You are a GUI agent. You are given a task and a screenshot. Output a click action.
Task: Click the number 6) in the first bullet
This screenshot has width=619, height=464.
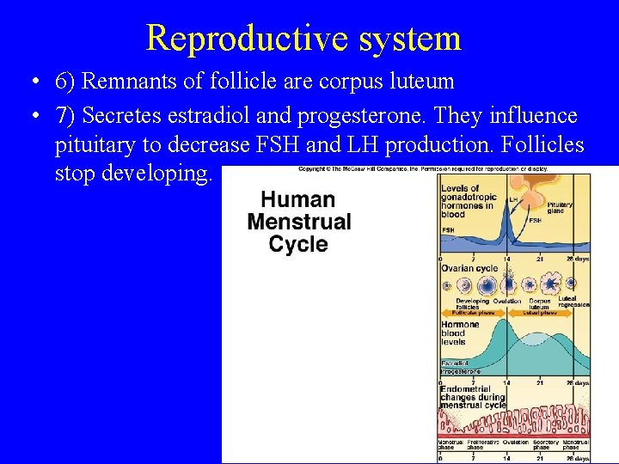click(x=65, y=82)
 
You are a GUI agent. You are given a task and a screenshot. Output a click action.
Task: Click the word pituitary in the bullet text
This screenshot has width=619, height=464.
click(x=96, y=145)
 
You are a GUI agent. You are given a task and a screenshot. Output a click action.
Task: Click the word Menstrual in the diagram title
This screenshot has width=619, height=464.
click(x=298, y=222)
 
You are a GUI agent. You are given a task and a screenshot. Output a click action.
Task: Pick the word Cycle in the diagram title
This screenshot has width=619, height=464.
click(x=298, y=244)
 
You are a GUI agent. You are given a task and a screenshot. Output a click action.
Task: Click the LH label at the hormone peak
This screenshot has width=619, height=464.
click(x=513, y=198)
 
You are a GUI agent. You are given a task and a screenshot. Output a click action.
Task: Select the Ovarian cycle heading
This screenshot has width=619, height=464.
click(x=469, y=268)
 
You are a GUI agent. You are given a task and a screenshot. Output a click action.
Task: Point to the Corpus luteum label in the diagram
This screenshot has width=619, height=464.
click(x=540, y=302)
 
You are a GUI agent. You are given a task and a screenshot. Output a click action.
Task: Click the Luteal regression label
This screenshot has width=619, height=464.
click(x=573, y=301)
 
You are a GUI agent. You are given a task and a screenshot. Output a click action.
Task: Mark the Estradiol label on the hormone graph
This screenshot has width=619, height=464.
click(x=455, y=363)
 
